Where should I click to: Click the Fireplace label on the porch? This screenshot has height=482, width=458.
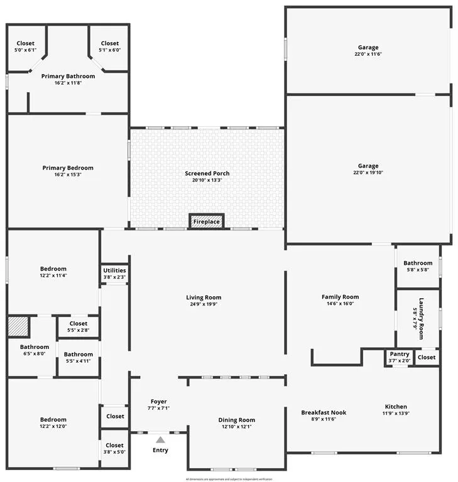(206, 222)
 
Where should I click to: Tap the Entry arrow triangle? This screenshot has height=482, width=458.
(161, 440)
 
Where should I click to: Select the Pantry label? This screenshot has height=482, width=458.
(399, 355)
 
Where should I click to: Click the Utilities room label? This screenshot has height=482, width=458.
(114, 270)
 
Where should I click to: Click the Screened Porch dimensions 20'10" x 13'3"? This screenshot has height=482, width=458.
(207, 180)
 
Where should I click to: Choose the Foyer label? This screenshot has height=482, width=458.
(159, 401)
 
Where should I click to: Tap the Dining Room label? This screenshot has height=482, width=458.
(236, 420)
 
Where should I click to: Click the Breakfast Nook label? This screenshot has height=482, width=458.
(324, 412)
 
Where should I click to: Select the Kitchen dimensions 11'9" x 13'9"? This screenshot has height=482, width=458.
(395, 414)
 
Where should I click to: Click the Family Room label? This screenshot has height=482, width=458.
(340, 297)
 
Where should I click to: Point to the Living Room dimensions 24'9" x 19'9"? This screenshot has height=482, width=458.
(204, 304)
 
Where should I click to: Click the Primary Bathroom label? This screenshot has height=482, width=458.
(68, 76)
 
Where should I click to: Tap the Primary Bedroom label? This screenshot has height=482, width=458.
(68, 168)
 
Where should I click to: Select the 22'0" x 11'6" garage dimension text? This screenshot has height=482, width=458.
(368, 54)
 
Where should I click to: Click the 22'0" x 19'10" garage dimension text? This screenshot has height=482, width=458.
(368, 173)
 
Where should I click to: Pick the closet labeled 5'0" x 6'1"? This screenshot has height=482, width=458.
(26, 50)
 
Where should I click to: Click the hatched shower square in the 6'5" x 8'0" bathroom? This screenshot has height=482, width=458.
(18, 328)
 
